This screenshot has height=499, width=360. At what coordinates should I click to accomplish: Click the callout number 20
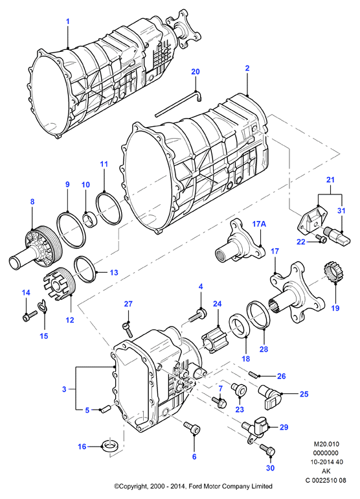pos(196,71)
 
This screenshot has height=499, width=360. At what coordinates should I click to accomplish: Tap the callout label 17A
pos(259,224)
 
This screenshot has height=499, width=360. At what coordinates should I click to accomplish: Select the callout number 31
pos(341,211)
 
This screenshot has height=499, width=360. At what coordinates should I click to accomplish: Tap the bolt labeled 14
pos(30,315)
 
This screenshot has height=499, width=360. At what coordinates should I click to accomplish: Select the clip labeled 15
pos(41,306)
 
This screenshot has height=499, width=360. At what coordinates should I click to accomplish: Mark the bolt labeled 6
pos(192,428)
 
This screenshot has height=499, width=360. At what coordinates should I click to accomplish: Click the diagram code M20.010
pos(326,444)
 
